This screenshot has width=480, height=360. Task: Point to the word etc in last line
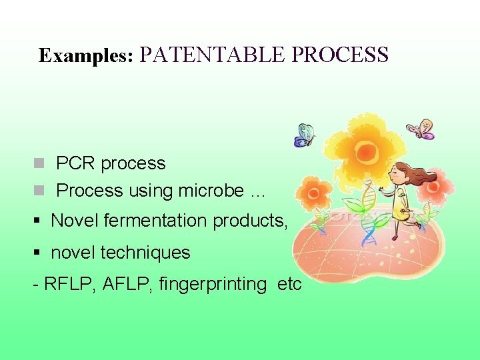[289, 284]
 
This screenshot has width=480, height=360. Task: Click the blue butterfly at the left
[304, 135]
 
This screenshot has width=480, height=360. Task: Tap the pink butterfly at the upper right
[421, 129]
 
